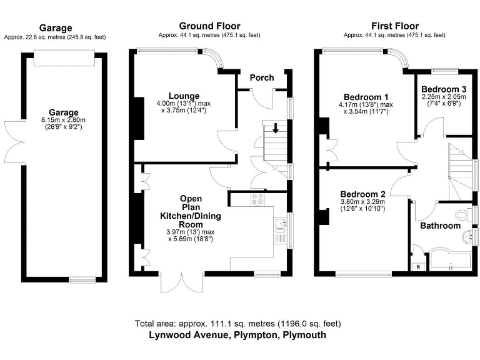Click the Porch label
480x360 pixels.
(262, 77)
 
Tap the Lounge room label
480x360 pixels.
(184, 96)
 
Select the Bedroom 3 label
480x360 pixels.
(444, 89)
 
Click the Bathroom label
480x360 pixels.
(440, 226)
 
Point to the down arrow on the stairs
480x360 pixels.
(276, 128)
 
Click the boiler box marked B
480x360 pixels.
(418, 267)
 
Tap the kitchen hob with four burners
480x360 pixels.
(257, 199)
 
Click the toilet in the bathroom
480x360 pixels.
(463, 214)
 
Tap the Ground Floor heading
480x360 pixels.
(210, 26)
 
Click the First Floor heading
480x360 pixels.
(395, 26)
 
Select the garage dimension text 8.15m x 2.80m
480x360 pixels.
(63, 120)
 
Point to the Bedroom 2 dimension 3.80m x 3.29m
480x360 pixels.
(362, 202)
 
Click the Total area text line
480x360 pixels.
(238, 324)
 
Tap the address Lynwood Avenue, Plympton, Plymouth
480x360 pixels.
(237, 335)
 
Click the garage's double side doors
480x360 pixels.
(14, 142)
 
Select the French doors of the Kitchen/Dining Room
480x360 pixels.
(182, 282)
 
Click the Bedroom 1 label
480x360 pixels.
(366, 97)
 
